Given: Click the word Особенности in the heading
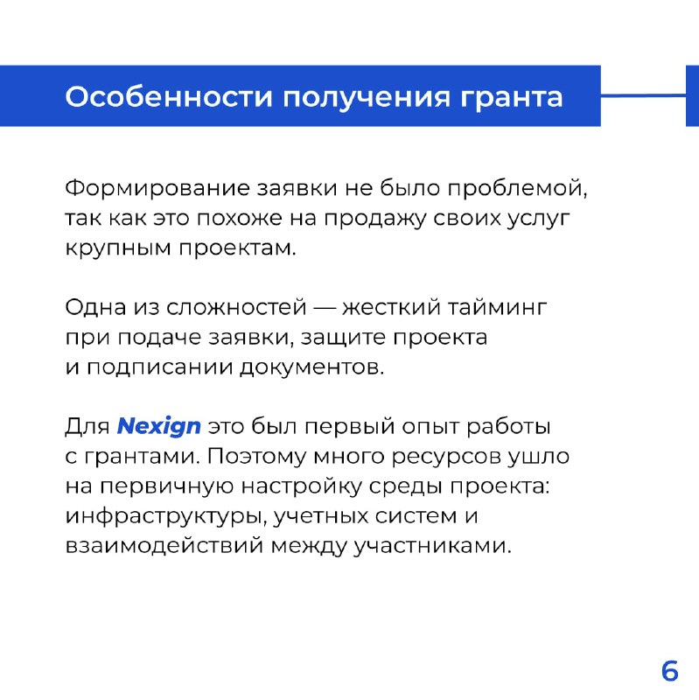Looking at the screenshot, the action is coord(169,96).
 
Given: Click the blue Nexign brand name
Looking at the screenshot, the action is coord(158,427).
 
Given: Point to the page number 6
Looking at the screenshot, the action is coord(669,670).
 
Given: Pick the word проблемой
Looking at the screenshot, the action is coord(517,189).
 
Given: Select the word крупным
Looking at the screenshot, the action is coord(118,249).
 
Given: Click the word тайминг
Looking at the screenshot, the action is coord(497,309).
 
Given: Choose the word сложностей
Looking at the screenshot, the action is coord(236,307).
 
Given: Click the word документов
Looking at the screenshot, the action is coord(311,368).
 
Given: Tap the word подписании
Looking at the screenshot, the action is coord(159,368).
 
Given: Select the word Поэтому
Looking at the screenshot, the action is coord(255,457).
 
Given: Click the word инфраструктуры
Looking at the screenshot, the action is coord(166,517).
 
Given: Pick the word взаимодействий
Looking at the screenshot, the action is coord(164,546).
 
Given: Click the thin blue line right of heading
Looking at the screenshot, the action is coord(643,95).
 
